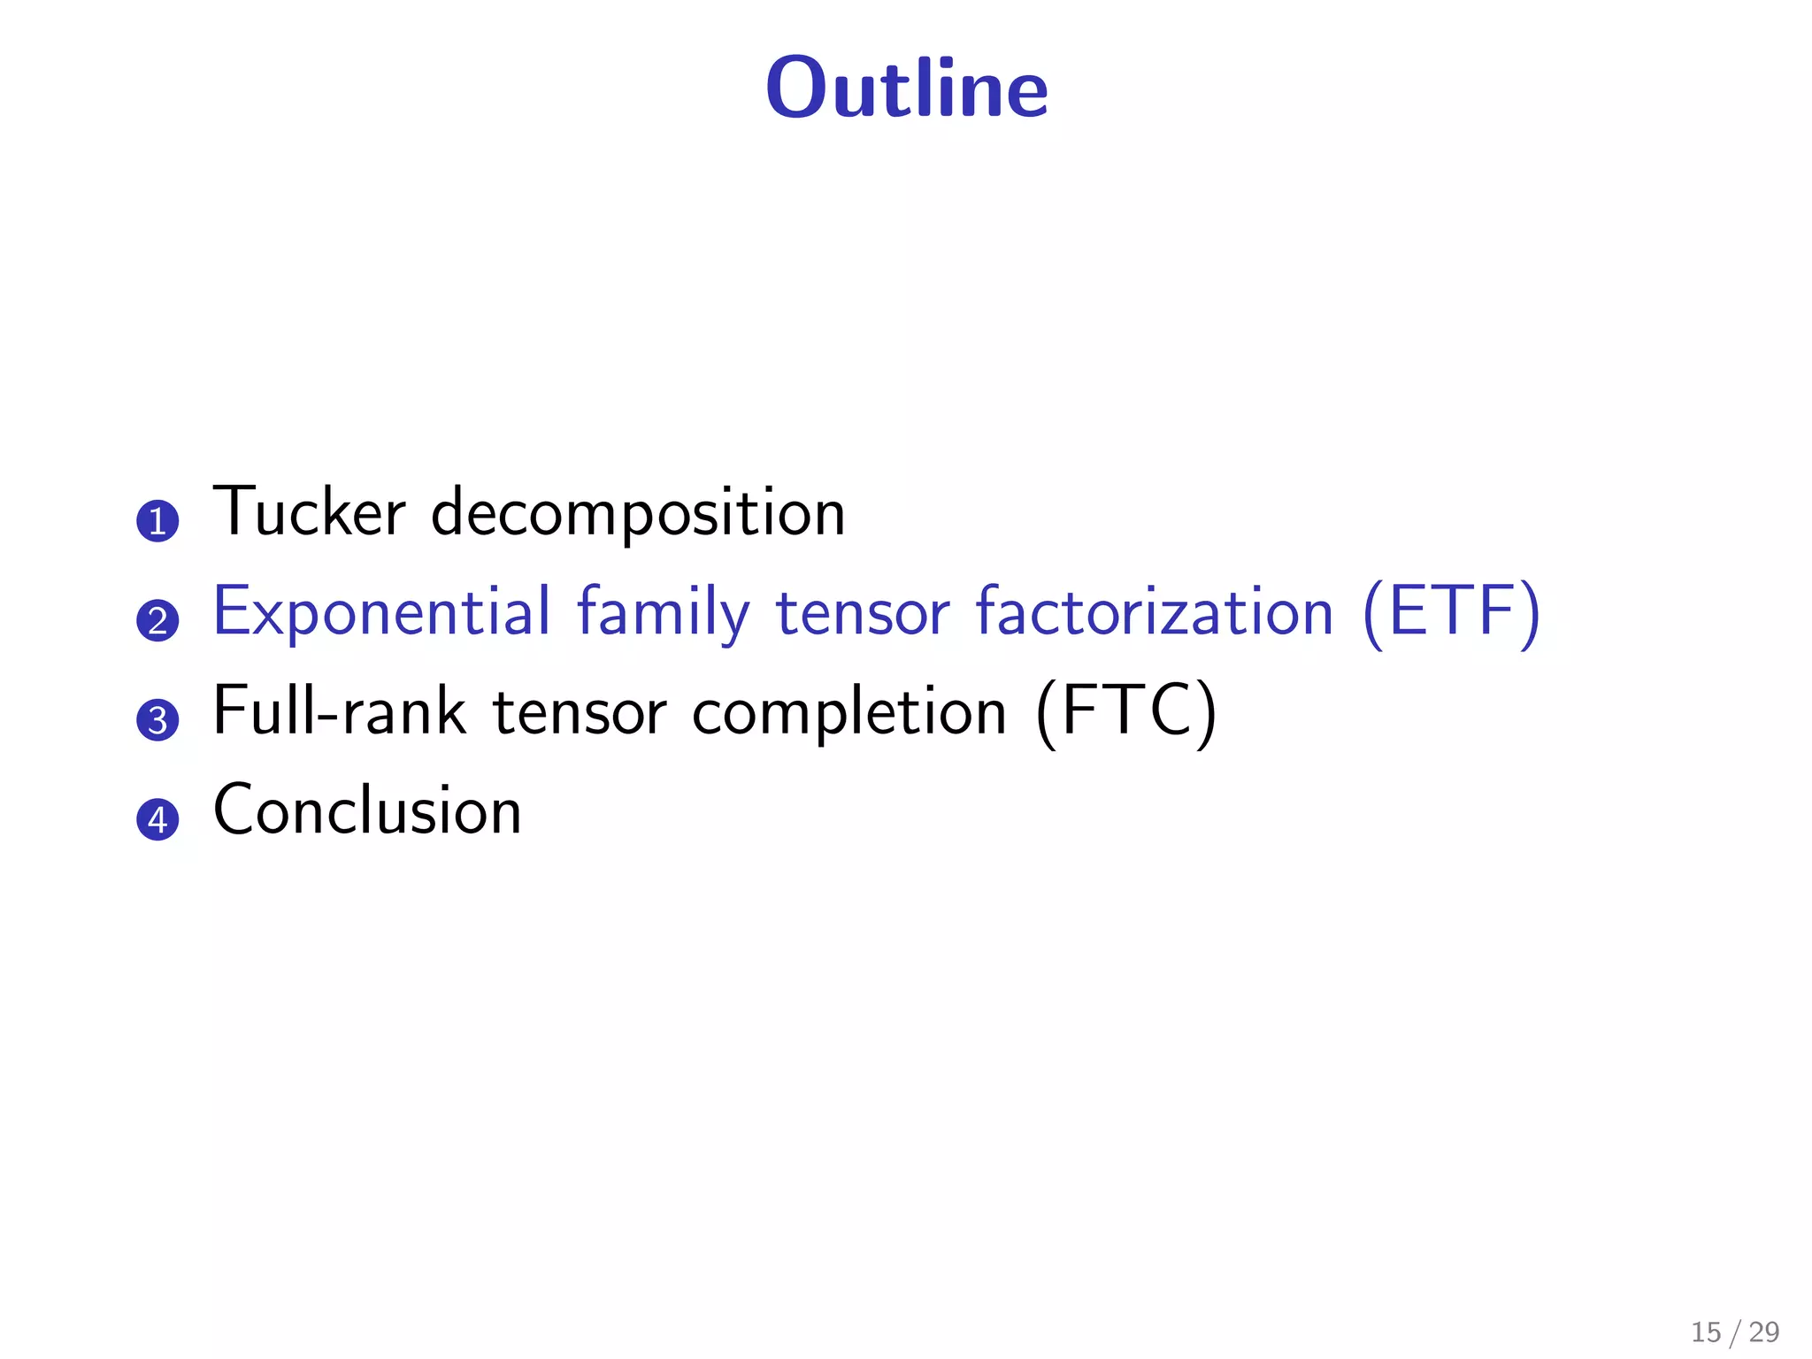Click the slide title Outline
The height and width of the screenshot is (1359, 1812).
pyautogui.click(x=907, y=88)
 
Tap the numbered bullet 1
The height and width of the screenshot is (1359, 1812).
pyautogui.click(x=157, y=521)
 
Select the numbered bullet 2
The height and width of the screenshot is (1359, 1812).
pyautogui.click(x=157, y=620)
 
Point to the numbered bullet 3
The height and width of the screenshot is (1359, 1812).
pyautogui.click(x=157, y=719)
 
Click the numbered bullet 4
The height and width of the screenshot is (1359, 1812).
pyautogui.click(x=157, y=819)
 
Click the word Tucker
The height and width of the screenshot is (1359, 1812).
pyautogui.click(x=310, y=512)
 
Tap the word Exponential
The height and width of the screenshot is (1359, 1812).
pyautogui.click(x=382, y=612)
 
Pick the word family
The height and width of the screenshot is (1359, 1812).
pyautogui.click(x=663, y=612)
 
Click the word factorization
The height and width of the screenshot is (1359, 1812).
pyautogui.click(x=1154, y=612)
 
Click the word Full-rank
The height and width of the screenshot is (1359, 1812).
pyautogui.click(x=340, y=711)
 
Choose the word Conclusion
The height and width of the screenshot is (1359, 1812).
pyautogui.click(x=367, y=810)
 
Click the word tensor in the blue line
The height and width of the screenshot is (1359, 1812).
pyautogui.click(x=863, y=612)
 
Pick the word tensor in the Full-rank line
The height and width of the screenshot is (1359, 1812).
pyautogui.click(x=579, y=711)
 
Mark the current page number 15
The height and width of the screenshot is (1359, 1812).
pyautogui.click(x=1706, y=1332)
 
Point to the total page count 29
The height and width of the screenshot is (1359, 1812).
pyautogui.click(x=1764, y=1332)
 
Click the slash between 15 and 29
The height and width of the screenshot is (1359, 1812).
pyautogui.click(x=1735, y=1332)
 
